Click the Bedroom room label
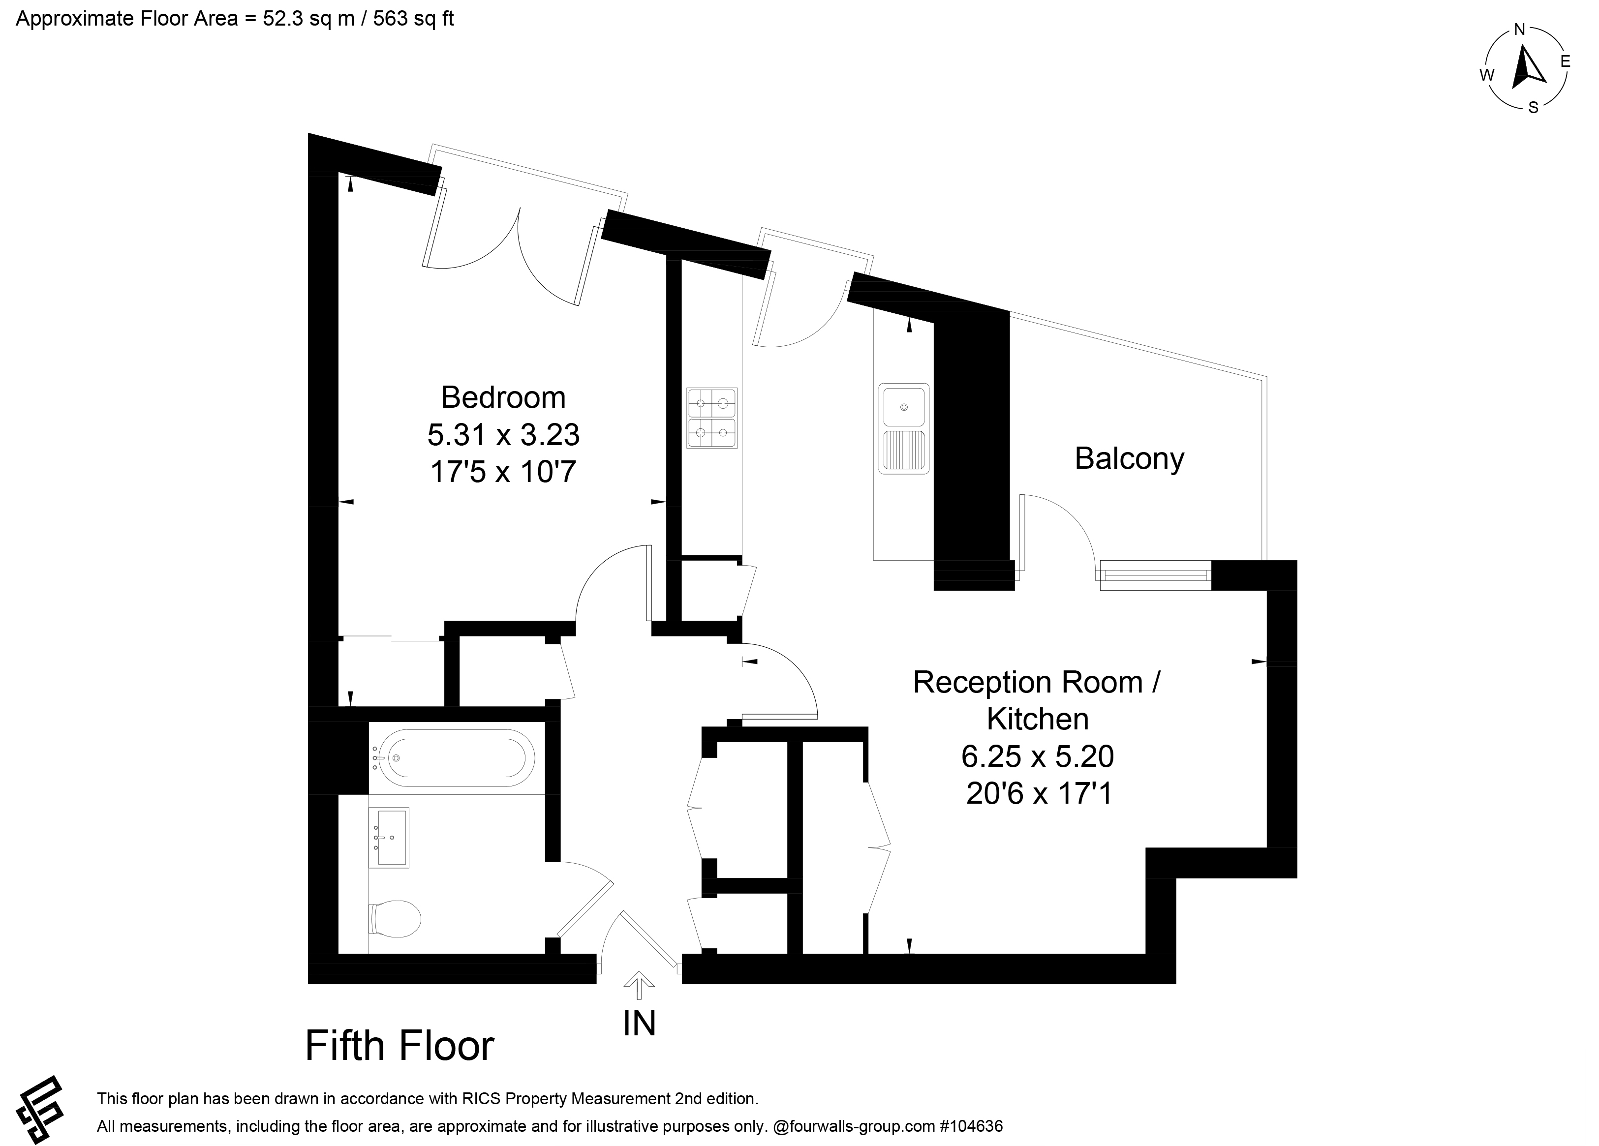[503, 397]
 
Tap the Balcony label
[1130, 459]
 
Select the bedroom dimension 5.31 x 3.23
[503, 435]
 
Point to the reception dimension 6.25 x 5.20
[1038, 757]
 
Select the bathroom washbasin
[390, 837]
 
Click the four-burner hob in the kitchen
[712, 418]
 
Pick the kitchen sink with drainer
[904, 428]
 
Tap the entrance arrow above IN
[640, 985]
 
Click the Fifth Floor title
[400, 1046]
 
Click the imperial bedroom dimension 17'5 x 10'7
[503, 472]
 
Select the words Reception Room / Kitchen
[1038, 700]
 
